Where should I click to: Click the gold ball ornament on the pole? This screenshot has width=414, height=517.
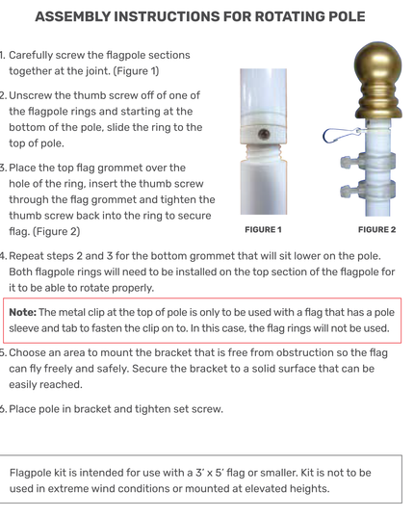[x=378, y=80]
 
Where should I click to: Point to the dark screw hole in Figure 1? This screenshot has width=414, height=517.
[x=264, y=134]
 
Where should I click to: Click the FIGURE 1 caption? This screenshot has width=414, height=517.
[x=263, y=230]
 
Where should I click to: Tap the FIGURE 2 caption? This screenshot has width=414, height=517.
[x=376, y=230]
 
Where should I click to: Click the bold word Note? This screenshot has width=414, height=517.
[x=22, y=312]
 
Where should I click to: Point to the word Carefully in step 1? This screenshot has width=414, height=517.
[x=31, y=56]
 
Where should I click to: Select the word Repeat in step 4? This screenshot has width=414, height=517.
[x=26, y=256]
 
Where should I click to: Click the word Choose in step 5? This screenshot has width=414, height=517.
[x=26, y=352]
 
